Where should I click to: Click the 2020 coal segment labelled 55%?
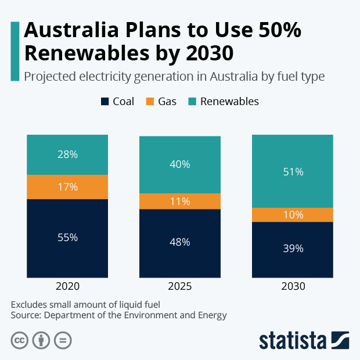pos(67,238)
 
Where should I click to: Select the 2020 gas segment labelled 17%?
pos(67,187)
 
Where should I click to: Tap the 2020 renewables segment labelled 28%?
pos(67,154)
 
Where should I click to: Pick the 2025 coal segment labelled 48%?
pos(179,243)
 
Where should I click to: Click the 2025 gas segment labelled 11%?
pos(179,201)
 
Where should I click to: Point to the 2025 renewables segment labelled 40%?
pos(179,164)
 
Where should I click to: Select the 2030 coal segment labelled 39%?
pos(292,249)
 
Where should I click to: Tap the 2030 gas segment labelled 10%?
pos(292,215)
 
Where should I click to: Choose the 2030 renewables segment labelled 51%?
pos(292,171)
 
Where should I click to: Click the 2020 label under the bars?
pos(67,287)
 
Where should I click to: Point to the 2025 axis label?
pos(179,287)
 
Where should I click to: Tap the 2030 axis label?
pos(292,287)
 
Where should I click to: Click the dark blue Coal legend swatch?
pos(105,102)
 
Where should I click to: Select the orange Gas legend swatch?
pos(150,102)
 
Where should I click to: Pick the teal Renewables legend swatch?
pos(192,102)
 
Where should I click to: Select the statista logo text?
pos(293,340)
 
